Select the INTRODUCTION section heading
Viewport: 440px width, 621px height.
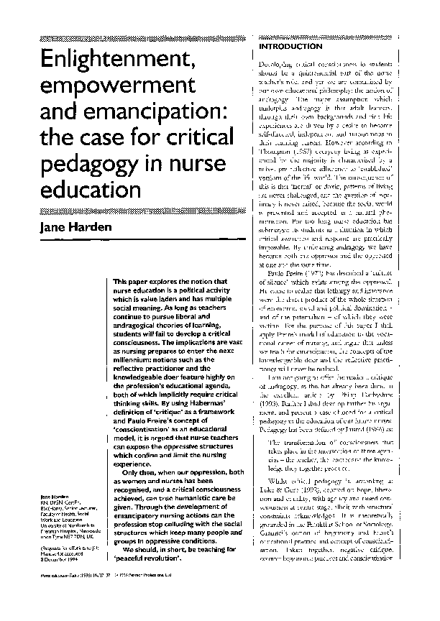click(285, 47)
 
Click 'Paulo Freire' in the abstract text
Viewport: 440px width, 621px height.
click(132, 418)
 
